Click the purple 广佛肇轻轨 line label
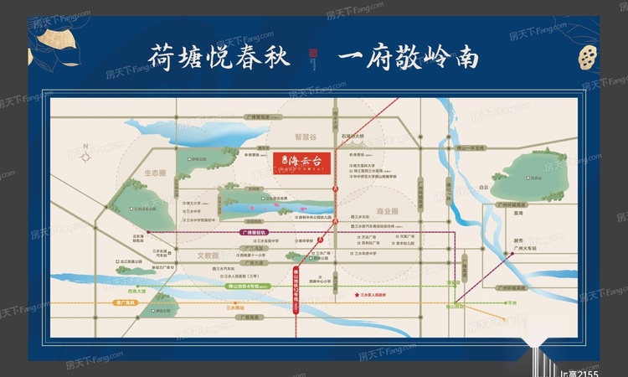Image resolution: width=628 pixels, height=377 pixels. click(253, 231)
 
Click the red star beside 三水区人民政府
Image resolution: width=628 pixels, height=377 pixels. click(358, 295)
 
